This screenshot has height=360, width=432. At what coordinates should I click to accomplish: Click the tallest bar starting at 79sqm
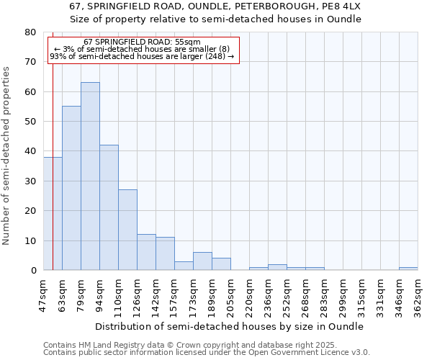point(90,176)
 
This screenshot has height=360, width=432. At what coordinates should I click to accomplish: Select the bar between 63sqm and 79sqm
point(71,188)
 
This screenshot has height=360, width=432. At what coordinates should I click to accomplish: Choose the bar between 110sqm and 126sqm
point(127,230)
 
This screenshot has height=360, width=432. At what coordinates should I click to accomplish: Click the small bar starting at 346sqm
point(408,269)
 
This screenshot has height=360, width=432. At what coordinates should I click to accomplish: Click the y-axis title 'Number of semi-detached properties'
point(7,156)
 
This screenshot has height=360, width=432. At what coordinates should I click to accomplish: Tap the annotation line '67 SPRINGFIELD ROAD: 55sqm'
point(142,42)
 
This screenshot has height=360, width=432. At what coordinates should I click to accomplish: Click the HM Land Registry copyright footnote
point(180,345)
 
